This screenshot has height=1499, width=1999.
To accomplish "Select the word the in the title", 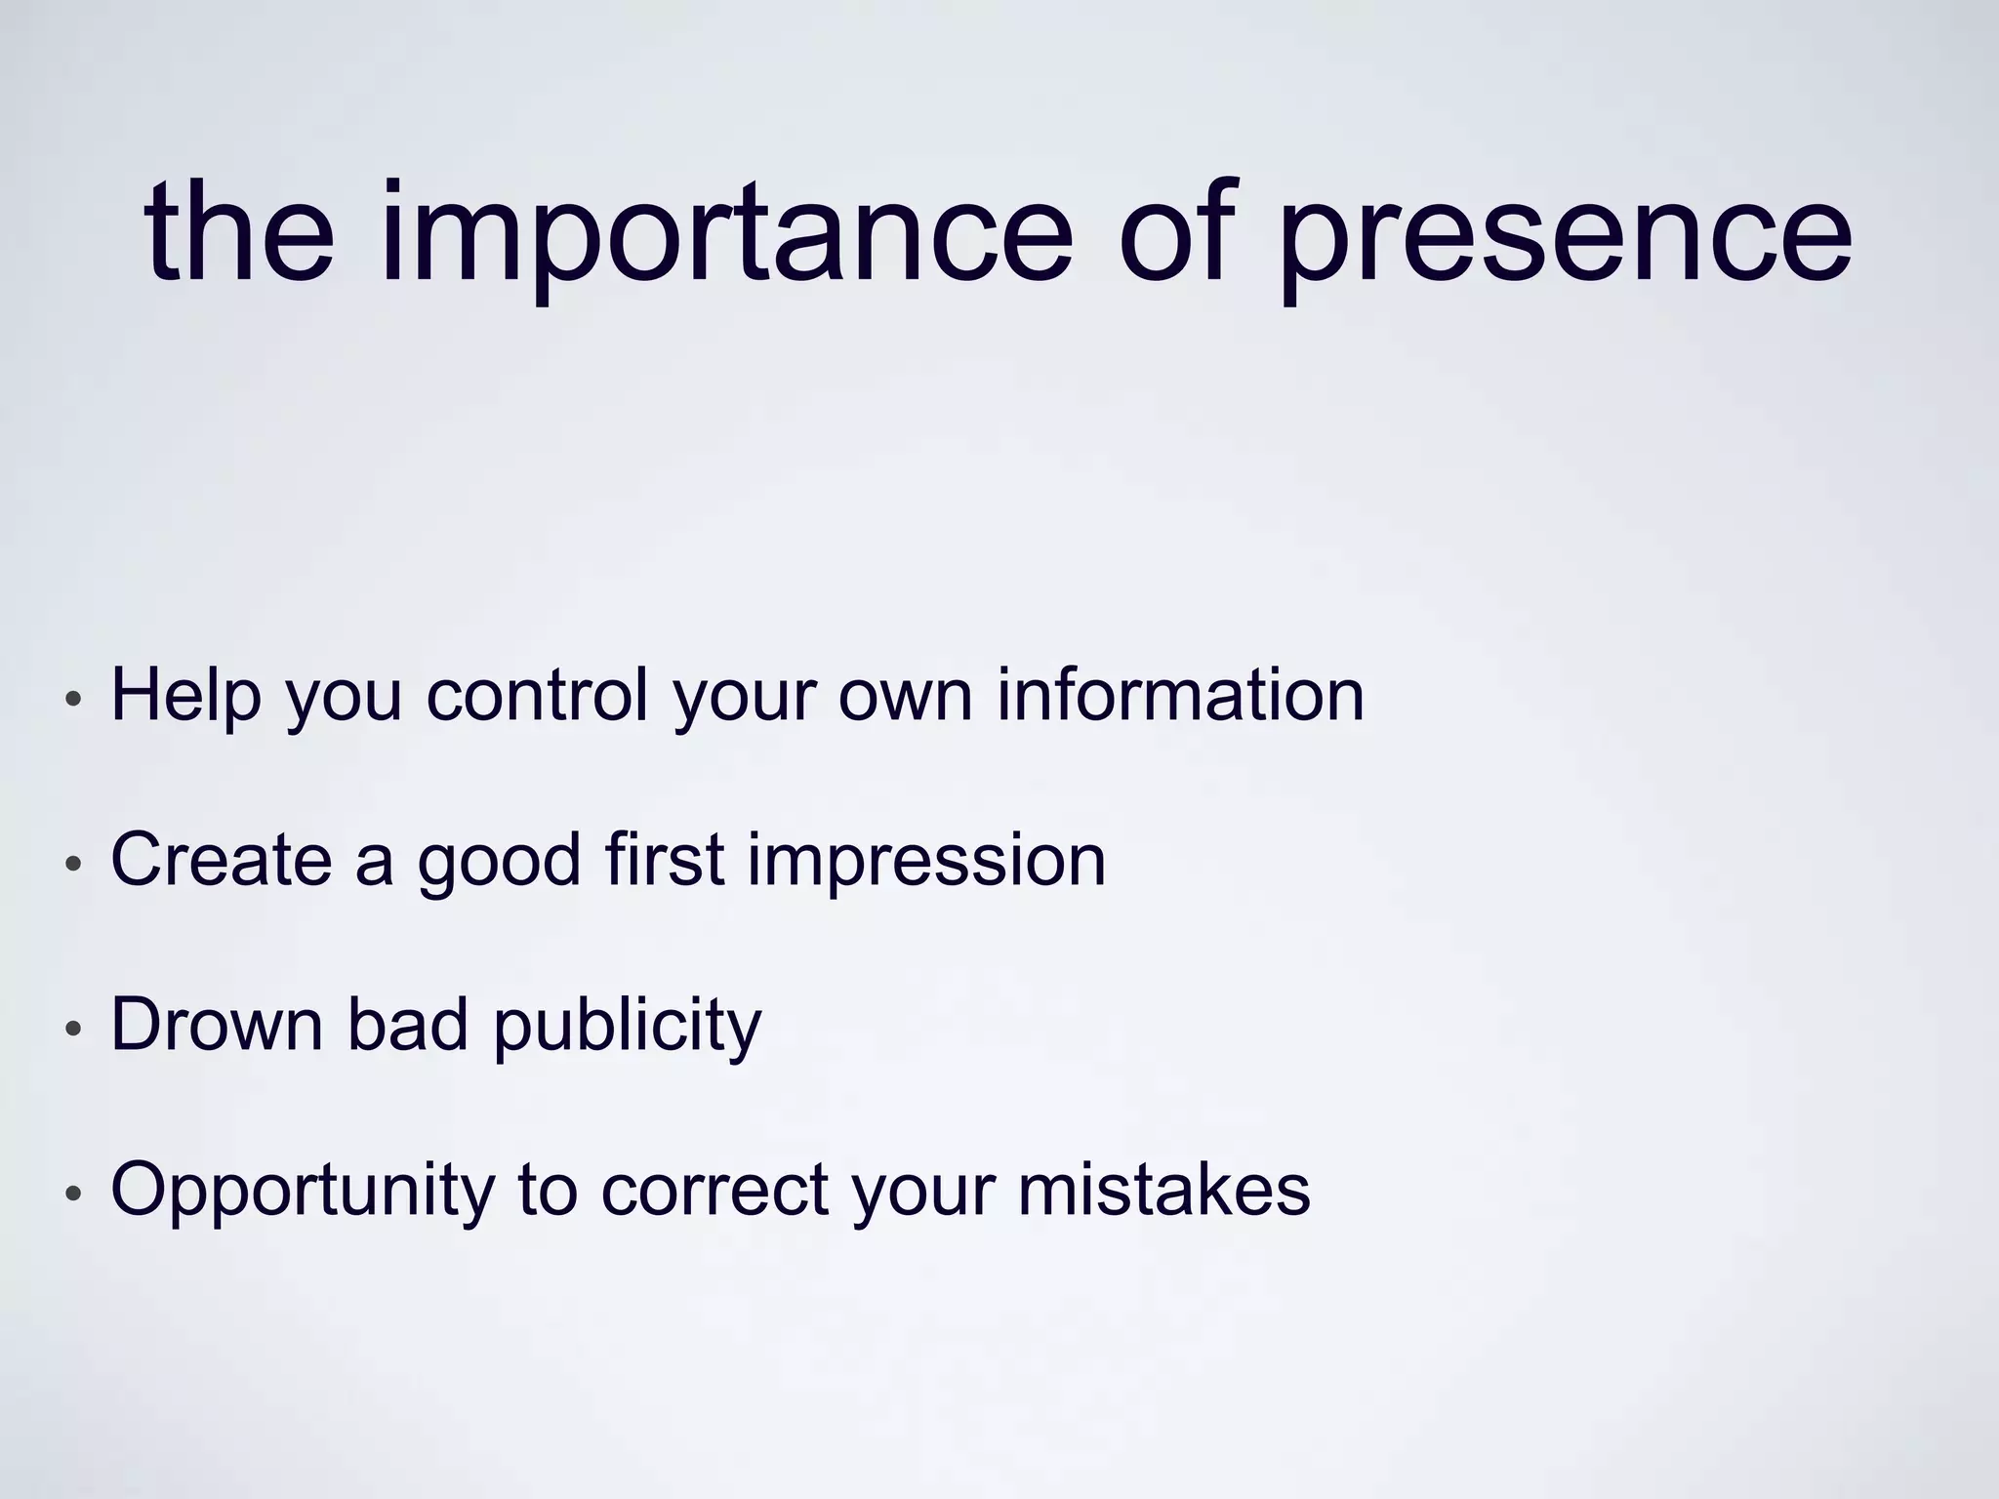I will click(x=240, y=234).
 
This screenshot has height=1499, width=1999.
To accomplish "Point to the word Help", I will click(x=186, y=695).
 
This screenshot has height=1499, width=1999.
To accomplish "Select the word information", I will click(x=1180, y=695).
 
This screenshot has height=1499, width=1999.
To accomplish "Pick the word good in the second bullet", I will click(x=499, y=861).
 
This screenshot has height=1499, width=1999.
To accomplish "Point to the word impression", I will click(x=926, y=861).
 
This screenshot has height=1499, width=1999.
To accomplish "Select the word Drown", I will click(x=217, y=1024).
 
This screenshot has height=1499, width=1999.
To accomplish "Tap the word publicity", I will click(x=627, y=1026).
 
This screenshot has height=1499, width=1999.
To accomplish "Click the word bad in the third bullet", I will click(x=408, y=1024).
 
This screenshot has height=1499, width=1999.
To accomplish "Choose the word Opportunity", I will click(x=303, y=1191).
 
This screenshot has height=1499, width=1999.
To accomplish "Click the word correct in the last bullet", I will click(x=714, y=1191).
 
